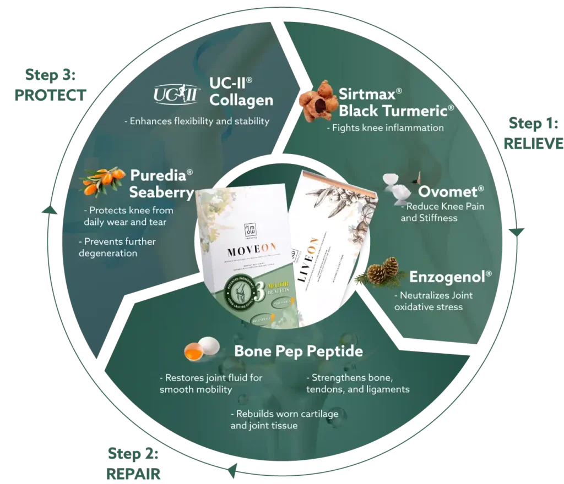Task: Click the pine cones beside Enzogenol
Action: coord(383,272)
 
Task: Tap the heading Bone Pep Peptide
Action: coord(299,351)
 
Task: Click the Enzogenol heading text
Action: coord(450,276)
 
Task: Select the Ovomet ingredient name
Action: coord(451,191)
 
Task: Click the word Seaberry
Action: coord(162,193)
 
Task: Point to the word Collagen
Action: coord(241,100)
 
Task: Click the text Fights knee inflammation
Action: coord(385,128)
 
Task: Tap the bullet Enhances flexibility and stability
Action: coord(196,121)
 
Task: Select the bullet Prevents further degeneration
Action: coord(117,248)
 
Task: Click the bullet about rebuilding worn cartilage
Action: coord(284,419)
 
